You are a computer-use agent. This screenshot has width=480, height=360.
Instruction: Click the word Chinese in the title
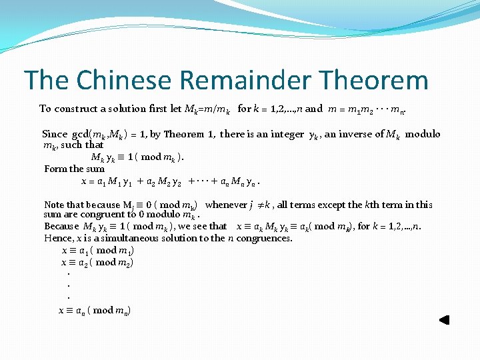tap(126, 81)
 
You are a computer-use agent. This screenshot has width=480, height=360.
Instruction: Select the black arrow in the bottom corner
tap(444, 320)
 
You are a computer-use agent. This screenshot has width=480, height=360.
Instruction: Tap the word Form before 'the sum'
tap(55, 169)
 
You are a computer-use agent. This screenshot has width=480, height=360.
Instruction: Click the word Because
tap(61, 226)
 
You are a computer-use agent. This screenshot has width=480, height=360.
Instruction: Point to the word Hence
tap(57, 238)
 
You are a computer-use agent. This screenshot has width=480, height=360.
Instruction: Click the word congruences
tap(265, 238)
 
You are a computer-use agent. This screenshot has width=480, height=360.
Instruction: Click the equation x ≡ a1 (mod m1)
tap(97, 251)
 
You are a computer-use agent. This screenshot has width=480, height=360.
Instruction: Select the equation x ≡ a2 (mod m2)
tap(97, 263)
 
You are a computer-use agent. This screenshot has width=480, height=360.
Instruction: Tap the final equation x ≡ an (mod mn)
tap(94, 311)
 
